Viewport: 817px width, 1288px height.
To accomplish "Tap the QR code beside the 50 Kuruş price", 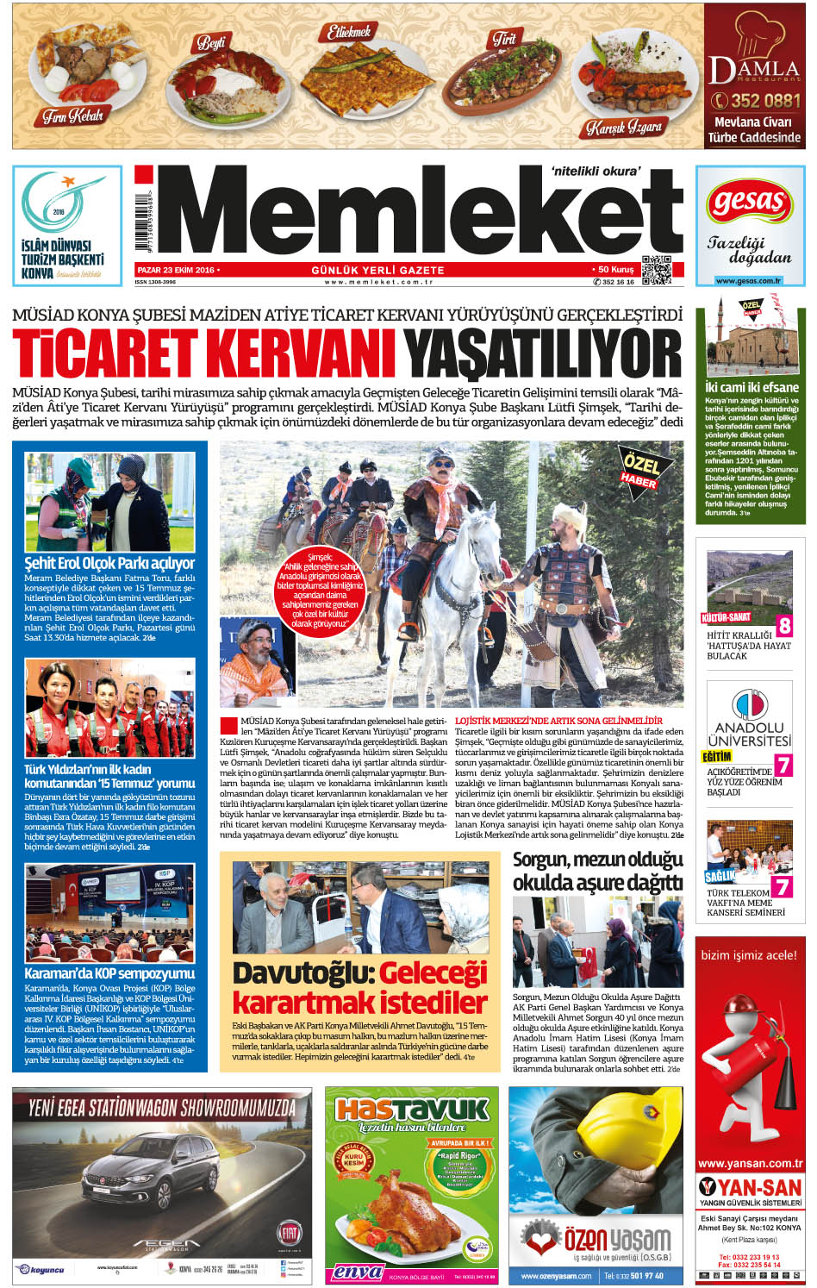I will tap(657, 272).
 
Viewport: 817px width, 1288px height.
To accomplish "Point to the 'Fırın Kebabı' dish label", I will tap(73, 116).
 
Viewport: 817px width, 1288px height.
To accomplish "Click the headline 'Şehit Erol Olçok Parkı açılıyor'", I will tap(109, 563).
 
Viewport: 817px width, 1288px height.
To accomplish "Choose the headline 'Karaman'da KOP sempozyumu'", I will tap(109, 973).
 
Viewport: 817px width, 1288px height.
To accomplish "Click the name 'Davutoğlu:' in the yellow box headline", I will tap(302, 973).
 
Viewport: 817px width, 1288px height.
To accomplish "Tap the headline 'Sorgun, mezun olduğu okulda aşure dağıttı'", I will tap(597, 871).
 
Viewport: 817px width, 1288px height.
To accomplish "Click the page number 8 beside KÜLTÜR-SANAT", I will tap(784, 624).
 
